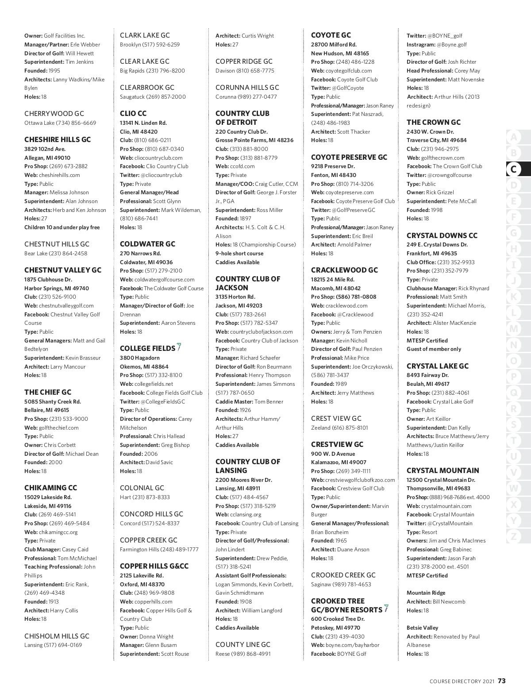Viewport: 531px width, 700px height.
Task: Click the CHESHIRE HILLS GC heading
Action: [58, 139]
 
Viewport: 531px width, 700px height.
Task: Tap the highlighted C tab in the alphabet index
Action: [513, 169]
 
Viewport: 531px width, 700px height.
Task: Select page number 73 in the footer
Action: [501, 681]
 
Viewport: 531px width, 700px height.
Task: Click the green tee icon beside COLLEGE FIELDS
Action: [179, 347]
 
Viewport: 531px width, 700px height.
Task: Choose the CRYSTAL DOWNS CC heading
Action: [442, 235]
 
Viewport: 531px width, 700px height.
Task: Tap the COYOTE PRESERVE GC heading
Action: [349, 157]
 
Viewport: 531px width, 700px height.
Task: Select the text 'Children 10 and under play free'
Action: [62, 227]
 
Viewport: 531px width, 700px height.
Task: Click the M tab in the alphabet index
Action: [513, 329]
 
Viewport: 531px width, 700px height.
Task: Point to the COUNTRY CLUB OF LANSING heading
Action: [247, 466]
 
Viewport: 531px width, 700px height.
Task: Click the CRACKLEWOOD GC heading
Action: [344, 270]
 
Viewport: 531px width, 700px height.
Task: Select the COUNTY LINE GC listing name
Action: [242, 644]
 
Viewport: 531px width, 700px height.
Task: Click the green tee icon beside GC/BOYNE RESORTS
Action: [386, 608]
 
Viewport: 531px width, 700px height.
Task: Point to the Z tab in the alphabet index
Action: [513, 536]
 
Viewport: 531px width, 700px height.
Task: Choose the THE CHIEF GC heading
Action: [48, 392]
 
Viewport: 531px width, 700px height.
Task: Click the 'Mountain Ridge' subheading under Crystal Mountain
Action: [426, 592]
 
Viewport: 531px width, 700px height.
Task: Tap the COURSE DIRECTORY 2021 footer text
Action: [462, 681]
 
